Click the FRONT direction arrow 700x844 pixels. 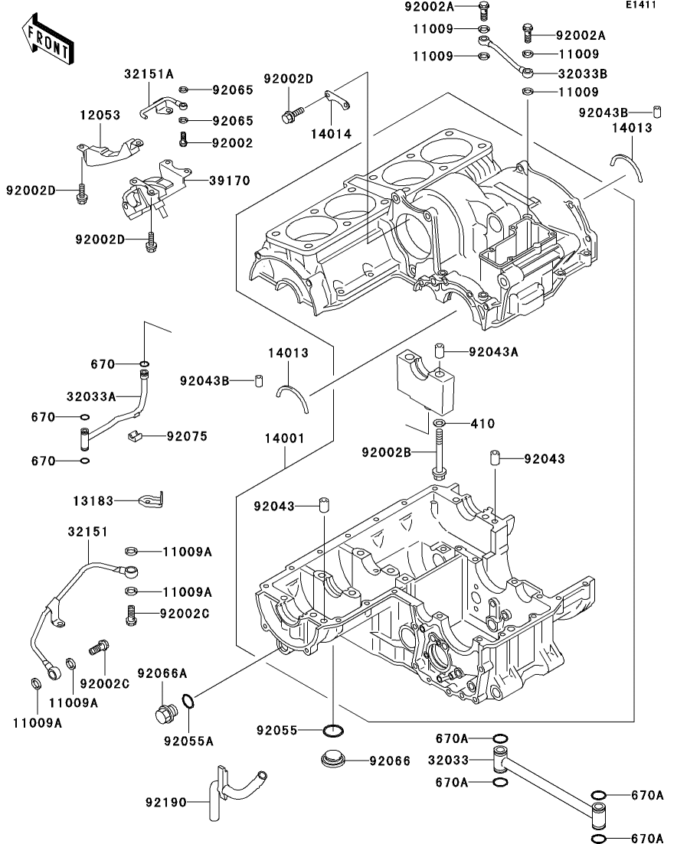pos(47,39)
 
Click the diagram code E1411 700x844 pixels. pos(641,5)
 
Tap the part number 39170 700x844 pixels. pos(230,181)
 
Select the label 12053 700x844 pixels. pos(100,115)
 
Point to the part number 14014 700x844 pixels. pos(331,134)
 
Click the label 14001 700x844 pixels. pos(285,438)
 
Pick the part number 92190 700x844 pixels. pos(166,803)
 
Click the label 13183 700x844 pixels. pos(93,501)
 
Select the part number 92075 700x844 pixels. pos(187,436)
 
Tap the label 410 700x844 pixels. pos(482,424)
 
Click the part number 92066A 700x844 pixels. pos(162,673)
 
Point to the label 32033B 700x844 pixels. pos(583,73)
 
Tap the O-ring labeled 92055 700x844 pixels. pos(334,731)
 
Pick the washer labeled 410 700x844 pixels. pos(439,424)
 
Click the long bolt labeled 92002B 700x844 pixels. pos(439,454)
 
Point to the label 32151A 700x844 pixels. pos(149,73)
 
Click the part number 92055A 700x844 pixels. pos(188,741)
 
